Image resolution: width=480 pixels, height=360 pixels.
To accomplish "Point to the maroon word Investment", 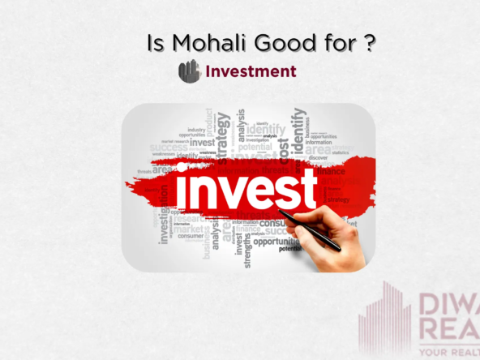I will [251, 71].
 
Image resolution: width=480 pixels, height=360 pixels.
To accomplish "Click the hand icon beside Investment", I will [189, 71].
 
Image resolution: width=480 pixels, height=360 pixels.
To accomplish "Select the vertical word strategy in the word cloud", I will [222, 129].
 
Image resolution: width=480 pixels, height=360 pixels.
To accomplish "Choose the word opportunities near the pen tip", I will [276, 241].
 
